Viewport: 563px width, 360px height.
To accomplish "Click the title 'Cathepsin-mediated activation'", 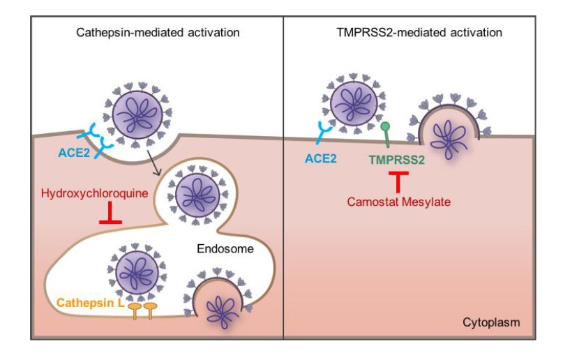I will (x=158, y=33).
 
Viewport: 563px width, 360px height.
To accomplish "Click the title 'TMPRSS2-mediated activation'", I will (x=419, y=33).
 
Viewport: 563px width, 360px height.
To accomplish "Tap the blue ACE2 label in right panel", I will (x=321, y=159).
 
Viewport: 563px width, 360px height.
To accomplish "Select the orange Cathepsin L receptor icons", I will (x=143, y=309).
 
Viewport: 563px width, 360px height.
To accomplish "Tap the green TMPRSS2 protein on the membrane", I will (x=384, y=132).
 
